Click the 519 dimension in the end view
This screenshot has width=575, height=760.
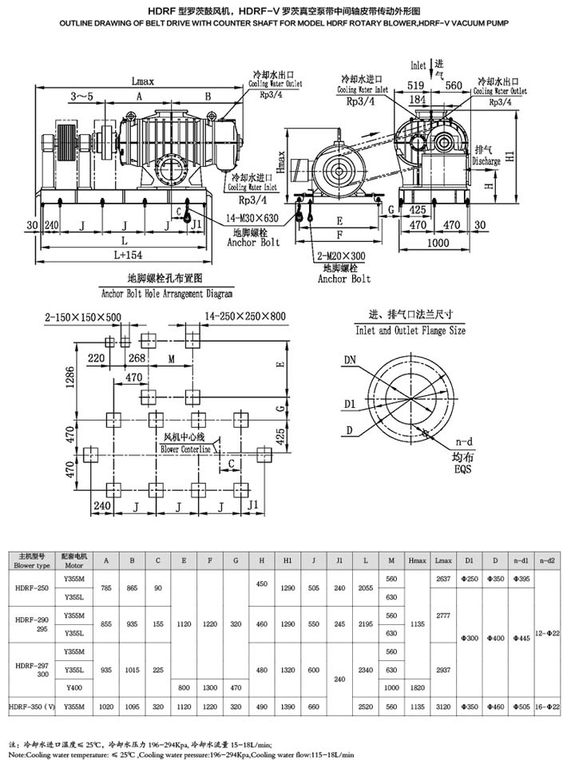pyautogui.click(x=414, y=85)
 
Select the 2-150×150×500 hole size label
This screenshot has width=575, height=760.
pyautogui.click(x=83, y=317)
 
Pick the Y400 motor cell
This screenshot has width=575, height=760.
pyautogui.click(x=73, y=687)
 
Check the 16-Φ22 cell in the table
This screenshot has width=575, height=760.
pyautogui.click(x=549, y=706)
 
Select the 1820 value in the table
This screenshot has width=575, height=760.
pyautogui.click(x=416, y=687)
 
